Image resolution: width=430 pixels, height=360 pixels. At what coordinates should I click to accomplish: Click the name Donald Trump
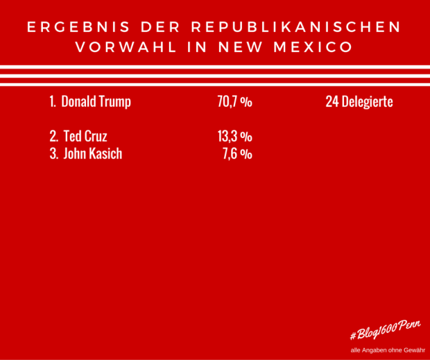tap(96, 102)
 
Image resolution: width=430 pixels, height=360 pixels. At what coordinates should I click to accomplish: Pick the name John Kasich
tap(92, 154)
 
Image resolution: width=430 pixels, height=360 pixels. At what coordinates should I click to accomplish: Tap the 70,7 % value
tap(234, 102)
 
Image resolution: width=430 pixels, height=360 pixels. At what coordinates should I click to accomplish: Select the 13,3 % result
tap(234, 137)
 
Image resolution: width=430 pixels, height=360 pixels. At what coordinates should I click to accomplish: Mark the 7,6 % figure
tap(237, 154)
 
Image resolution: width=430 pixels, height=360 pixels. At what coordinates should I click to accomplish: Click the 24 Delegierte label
tap(359, 102)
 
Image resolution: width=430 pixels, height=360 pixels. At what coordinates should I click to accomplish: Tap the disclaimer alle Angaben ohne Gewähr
tap(387, 350)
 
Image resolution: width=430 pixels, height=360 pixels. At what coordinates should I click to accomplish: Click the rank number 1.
tap(52, 102)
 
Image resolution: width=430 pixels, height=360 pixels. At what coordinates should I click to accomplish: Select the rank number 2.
tap(53, 137)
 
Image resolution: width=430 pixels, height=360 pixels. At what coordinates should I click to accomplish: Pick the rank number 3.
tap(53, 154)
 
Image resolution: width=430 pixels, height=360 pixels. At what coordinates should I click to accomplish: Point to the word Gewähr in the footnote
tap(411, 350)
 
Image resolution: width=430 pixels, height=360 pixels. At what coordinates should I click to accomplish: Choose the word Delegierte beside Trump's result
tap(368, 102)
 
